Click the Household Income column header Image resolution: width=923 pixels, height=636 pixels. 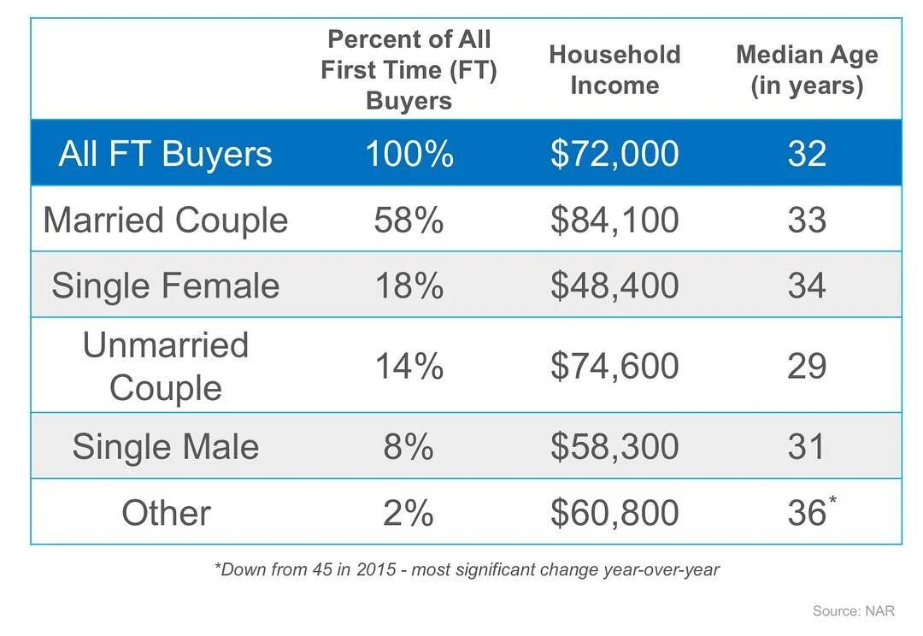pos(614,70)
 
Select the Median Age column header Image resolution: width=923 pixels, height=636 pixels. pos(807,70)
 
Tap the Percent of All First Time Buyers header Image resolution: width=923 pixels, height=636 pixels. pos(409,70)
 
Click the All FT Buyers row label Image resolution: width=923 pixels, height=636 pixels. pos(165,154)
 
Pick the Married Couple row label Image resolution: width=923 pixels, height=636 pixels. pos(165,220)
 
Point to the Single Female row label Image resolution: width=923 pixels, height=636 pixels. pos(165,286)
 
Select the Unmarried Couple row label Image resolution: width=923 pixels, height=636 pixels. pos(165,366)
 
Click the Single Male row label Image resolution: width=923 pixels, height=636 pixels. pos(165,447)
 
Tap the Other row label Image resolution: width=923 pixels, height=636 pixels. pos(165,513)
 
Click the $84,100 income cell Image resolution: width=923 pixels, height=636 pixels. pos(614,220)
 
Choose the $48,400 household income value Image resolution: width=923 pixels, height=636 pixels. pos(614,286)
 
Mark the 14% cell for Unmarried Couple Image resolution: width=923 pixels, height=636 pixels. pos(409,366)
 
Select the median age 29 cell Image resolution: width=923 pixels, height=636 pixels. pos(807,366)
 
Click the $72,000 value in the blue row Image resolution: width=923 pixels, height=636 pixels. pos(614,154)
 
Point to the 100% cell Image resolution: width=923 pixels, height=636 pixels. pos(409,154)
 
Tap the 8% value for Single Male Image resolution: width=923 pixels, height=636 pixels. pos(409,447)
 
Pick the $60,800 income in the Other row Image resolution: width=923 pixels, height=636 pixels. pos(614,513)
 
